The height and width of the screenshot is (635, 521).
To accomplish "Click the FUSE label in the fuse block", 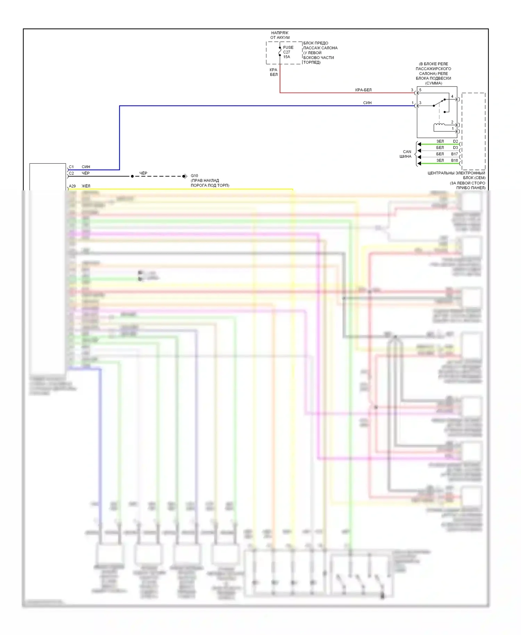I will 288,48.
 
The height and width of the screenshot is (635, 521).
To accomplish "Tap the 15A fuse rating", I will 287,57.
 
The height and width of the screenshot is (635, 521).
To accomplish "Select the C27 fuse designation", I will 287,52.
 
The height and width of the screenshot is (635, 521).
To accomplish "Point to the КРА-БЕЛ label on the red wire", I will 363,90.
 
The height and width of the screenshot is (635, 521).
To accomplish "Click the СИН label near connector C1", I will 86,167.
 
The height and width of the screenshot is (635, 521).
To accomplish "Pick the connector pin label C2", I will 72,173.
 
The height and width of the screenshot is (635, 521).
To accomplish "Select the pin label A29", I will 72,186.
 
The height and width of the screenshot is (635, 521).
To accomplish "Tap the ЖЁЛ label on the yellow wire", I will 86,186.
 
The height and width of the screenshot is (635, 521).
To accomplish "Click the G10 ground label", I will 194,176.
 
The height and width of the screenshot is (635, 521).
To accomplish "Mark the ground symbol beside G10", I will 185,176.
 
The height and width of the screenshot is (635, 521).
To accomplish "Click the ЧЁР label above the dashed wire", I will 143,173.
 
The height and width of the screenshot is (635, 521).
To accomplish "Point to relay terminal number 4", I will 452,97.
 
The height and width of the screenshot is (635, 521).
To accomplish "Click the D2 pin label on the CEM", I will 455,141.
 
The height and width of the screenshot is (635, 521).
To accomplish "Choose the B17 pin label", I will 454,154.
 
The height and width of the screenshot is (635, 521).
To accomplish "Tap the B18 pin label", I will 454,160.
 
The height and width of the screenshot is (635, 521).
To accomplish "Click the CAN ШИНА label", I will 406,154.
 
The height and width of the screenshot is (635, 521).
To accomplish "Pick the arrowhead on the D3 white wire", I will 419,151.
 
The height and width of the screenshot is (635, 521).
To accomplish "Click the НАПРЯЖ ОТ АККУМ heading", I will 280,35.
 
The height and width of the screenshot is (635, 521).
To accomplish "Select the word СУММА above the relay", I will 433,83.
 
